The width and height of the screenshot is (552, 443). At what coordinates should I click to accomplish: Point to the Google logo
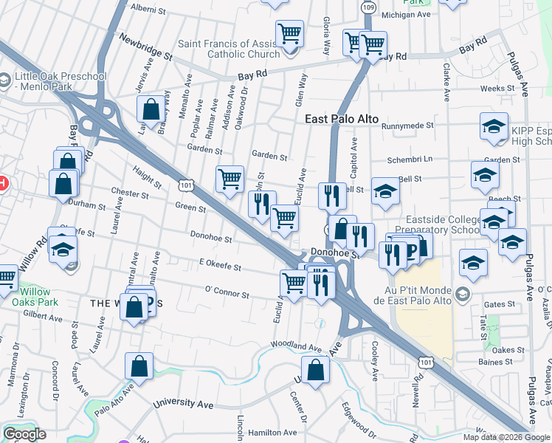24,434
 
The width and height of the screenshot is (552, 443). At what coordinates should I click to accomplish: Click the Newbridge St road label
145,46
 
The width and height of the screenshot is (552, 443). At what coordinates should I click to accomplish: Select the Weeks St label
497,89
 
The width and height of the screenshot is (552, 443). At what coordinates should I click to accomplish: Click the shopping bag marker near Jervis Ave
151,109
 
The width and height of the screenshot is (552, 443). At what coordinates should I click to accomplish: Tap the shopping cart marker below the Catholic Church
290,32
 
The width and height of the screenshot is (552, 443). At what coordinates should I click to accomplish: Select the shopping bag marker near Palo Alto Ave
139,365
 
